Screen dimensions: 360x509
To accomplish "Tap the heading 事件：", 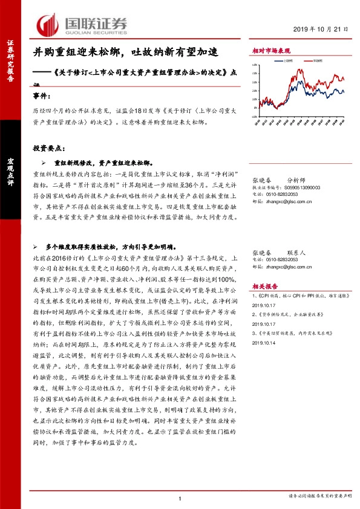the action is click(x=42, y=97).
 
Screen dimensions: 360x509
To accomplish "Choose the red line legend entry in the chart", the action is click(x=315, y=60).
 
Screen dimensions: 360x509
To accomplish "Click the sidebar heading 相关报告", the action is click(x=264, y=286).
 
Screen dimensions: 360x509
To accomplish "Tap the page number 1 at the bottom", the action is click(x=180, y=499).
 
